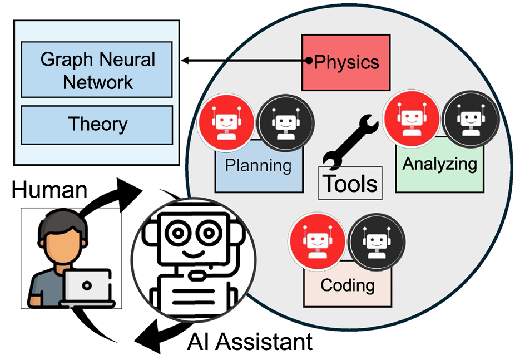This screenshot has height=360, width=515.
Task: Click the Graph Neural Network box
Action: click(97, 70)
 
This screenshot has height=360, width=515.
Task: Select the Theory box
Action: click(97, 125)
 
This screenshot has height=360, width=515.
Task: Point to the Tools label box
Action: click(350, 183)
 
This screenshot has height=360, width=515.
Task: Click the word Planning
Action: click(258, 165)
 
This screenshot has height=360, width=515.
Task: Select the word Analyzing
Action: click(439, 164)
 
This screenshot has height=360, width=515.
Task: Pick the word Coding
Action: click(348, 285)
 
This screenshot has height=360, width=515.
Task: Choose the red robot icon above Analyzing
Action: click(412, 119)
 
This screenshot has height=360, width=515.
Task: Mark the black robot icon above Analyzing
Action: click(471, 119)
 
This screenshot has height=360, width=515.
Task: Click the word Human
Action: click(50, 190)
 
